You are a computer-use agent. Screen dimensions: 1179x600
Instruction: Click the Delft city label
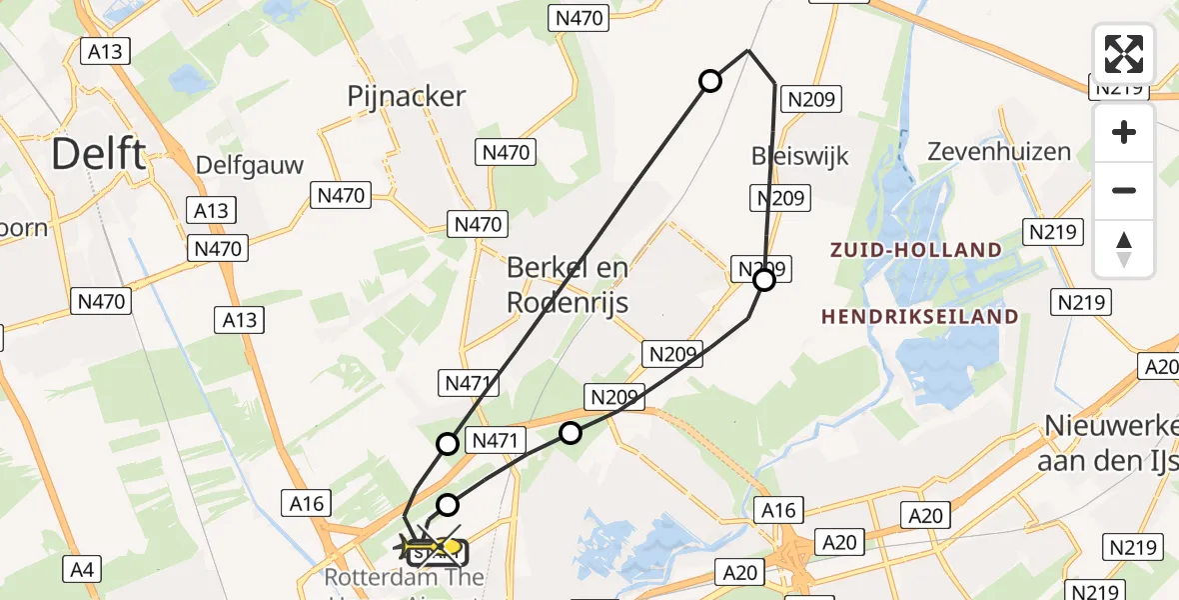(x=99, y=155)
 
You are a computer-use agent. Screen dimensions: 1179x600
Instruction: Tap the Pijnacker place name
(x=407, y=96)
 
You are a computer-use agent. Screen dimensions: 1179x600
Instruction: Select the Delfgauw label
(x=250, y=165)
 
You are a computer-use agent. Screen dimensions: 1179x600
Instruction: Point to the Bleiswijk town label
(x=799, y=156)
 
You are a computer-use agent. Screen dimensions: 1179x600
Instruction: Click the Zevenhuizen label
(x=999, y=152)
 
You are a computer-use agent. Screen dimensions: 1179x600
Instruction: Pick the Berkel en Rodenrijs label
(x=568, y=284)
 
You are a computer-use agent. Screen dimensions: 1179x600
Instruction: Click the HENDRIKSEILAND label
(x=920, y=317)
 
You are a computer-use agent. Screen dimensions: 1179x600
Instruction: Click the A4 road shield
(x=80, y=570)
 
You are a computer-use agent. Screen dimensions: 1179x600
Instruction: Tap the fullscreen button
(x=1124, y=54)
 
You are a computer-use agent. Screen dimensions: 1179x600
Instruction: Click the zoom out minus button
(x=1124, y=190)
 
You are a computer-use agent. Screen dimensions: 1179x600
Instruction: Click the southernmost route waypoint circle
(x=449, y=504)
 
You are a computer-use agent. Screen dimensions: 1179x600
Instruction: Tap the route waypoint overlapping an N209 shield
(x=764, y=280)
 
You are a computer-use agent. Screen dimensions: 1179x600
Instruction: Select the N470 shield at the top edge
(x=579, y=17)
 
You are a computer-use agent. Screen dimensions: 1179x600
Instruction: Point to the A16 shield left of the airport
(x=307, y=503)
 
